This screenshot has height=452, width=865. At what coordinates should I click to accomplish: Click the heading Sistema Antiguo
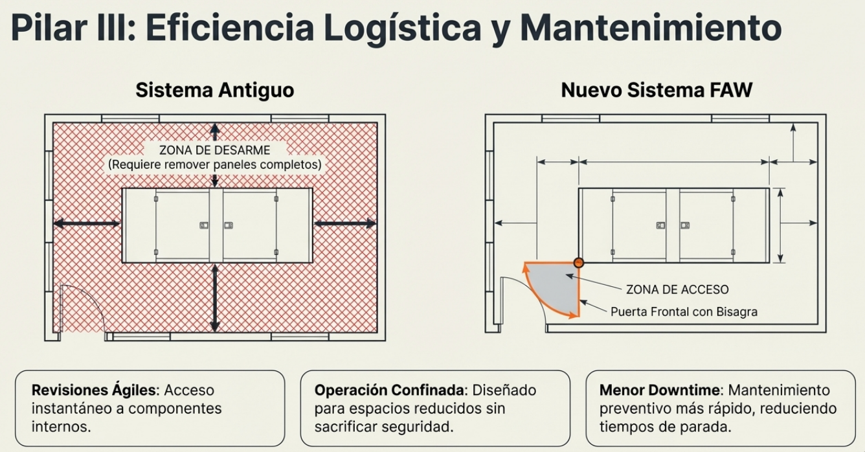pyautogui.click(x=215, y=91)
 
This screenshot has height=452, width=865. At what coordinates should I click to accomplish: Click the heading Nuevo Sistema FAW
pyautogui.click(x=657, y=91)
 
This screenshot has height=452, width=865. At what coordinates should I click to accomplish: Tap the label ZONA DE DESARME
pyautogui.click(x=215, y=150)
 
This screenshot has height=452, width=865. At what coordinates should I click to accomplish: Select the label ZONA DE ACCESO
pyautogui.click(x=677, y=289)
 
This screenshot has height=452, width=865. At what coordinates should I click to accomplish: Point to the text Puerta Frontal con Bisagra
pyautogui.click(x=684, y=311)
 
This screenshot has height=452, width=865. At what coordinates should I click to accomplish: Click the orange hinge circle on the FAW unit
pyautogui.click(x=578, y=263)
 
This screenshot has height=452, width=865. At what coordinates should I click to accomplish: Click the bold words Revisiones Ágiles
pyautogui.click(x=95, y=390)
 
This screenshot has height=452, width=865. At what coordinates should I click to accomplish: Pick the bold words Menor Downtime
pyautogui.click(x=660, y=390)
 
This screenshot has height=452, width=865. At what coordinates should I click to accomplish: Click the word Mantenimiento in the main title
pyautogui.click(x=651, y=28)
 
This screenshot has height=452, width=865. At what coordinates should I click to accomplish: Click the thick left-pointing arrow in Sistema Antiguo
pyautogui.click(x=87, y=223)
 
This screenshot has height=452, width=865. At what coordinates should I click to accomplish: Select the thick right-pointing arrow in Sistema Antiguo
pyautogui.click(x=345, y=223)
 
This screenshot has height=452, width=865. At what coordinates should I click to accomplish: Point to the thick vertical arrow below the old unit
pyautogui.click(x=215, y=298)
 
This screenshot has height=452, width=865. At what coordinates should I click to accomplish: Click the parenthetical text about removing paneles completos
pyautogui.click(x=215, y=165)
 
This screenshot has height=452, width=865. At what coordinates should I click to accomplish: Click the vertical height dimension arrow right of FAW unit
pyautogui.click(x=780, y=225)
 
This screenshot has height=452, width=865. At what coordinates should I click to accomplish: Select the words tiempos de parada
pyautogui.click(x=666, y=427)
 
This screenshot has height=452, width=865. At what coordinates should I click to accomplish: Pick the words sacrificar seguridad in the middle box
pyautogui.click(x=384, y=427)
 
